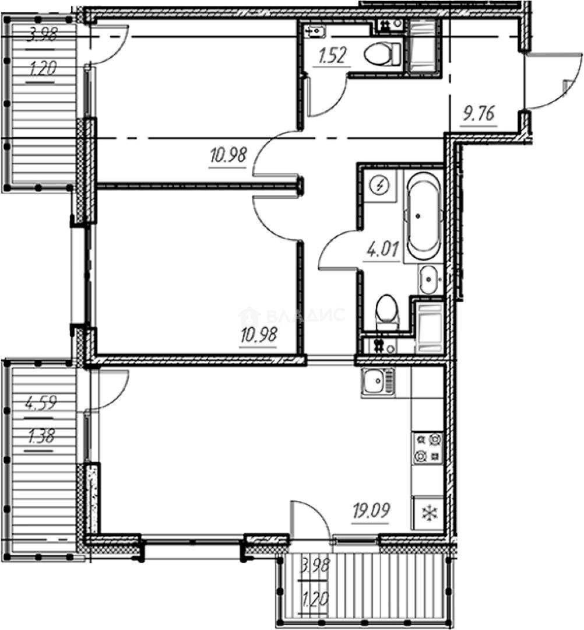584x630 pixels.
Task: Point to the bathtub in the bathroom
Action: [423, 216]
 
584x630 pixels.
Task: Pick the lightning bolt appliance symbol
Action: [381, 186]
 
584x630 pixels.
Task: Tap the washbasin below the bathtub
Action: [430, 279]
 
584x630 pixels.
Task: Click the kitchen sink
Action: [377, 383]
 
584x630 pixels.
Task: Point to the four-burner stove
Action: [427, 449]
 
